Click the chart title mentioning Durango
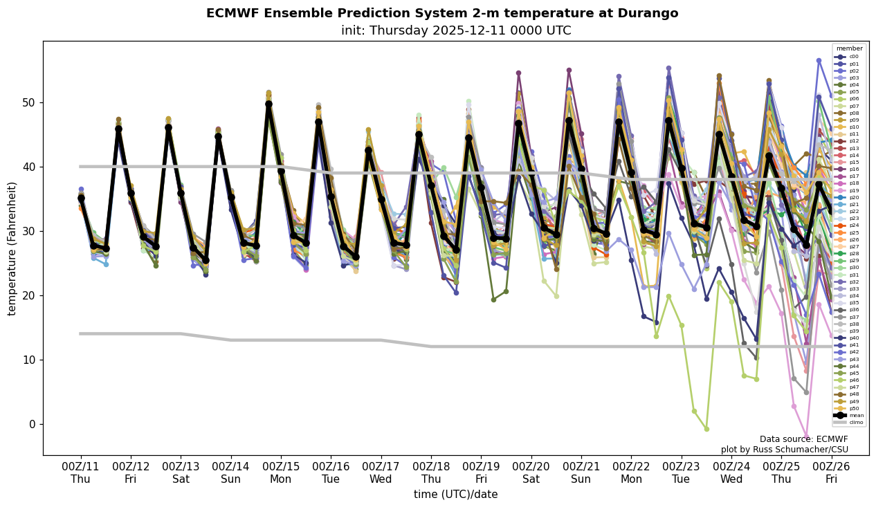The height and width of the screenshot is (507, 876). pyautogui.click(x=442, y=13)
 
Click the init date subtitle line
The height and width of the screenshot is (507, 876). pyautogui.click(x=456, y=30)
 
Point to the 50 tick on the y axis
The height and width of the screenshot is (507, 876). pyautogui.click(x=29, y=102)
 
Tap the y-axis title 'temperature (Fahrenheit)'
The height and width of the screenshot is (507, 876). pyautogui.click(x=12, y=248)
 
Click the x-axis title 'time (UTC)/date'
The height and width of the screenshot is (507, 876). pyautogui.click(x=455, y=494)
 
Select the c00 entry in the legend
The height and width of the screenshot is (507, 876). pyautogui.click(x=853, y=57)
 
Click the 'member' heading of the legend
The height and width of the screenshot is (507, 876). pyautogui.click(x=849, y=48)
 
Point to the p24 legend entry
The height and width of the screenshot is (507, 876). pyautogui.click(x=853, y=225)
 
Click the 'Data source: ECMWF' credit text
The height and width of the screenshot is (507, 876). pyautogui.click(x=803, y=439)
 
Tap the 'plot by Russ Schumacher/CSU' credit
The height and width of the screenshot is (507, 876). pyautogui.click(x=784, y=450)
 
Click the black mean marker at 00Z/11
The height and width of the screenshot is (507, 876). pyautogui.click(x=81, y=199)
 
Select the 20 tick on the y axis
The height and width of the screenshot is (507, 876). pyautogui.click(x=29, y=295)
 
